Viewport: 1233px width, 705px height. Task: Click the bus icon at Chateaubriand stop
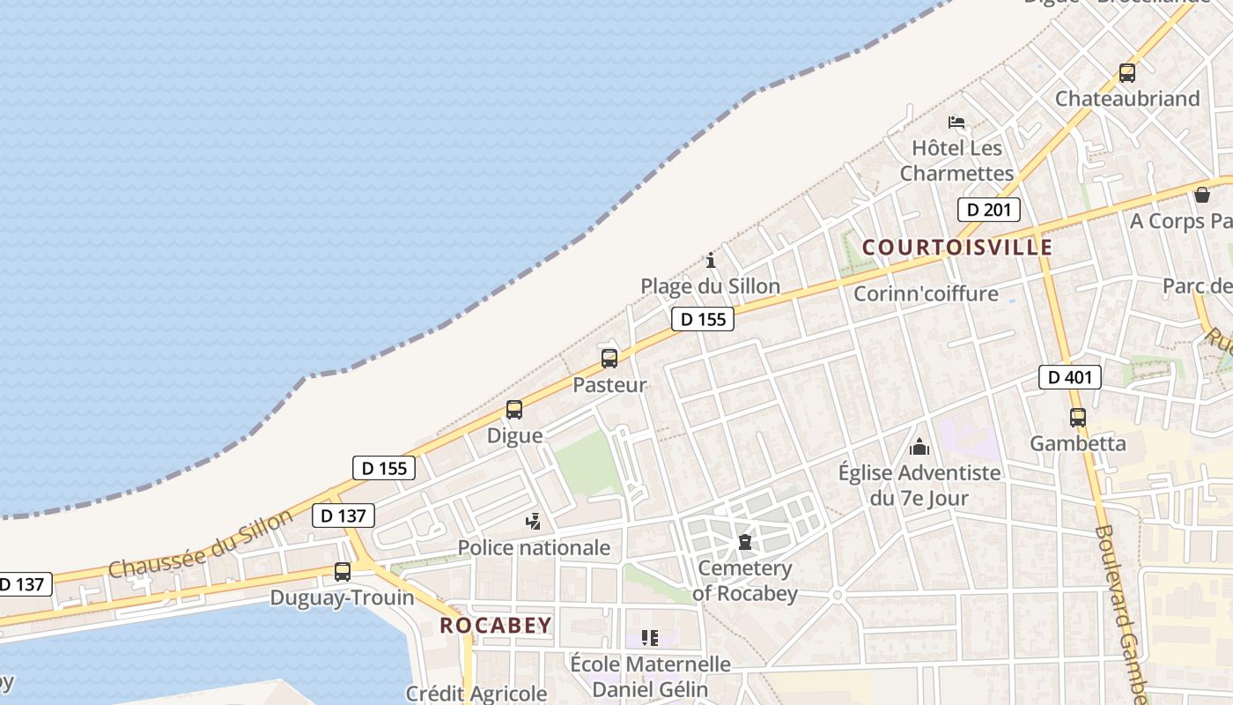(1126, 73)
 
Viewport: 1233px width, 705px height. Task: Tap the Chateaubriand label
(1127, 98)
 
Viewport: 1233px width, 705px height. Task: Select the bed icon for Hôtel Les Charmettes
(956, 122)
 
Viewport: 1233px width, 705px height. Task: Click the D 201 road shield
(988, 210)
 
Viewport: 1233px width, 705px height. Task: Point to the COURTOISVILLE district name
(957, 247)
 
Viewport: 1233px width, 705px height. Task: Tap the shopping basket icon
(1202, 195)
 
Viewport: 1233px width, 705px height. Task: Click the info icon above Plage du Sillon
(711, 260)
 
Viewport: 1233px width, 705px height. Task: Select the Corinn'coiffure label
(926, 293)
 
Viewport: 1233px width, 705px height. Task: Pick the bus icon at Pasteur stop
(609, 359)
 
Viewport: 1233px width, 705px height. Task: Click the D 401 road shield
(1070, 377)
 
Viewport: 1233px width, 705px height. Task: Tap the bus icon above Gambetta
(1077, 418)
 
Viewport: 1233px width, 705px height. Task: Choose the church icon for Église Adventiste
(919, 448)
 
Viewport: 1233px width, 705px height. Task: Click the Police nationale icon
(533, 522)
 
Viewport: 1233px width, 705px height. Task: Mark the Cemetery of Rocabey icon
(745, 542)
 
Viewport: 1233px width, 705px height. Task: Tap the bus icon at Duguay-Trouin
(342, 572)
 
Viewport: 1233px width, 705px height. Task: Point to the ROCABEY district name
(496, 626)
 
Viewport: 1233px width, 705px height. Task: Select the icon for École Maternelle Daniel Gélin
(650, 638)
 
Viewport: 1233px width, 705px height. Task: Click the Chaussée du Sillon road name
(200, 544)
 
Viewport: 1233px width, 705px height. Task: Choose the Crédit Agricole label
(476, 694)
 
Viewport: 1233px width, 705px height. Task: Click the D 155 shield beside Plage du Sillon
(703, 319)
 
